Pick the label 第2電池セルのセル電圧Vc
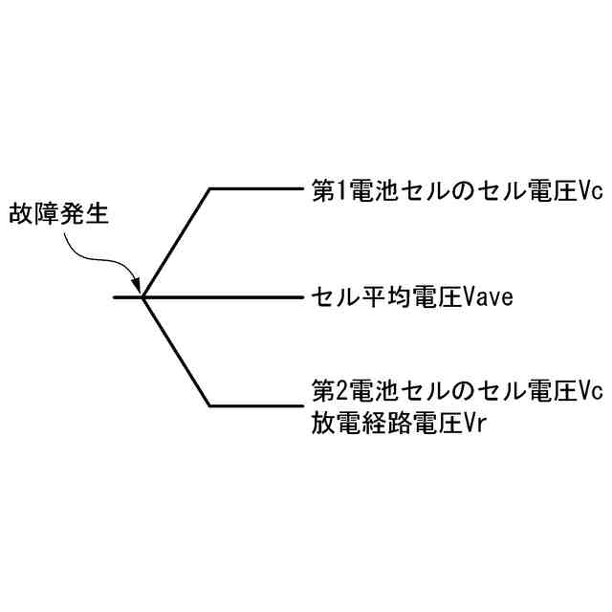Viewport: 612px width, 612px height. point(457,392)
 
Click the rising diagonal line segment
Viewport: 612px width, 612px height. point(176,243)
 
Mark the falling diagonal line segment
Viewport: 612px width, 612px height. point(176,352)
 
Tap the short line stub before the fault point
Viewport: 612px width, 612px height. point(126,297)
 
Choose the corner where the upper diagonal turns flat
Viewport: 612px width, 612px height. point(210,188)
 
